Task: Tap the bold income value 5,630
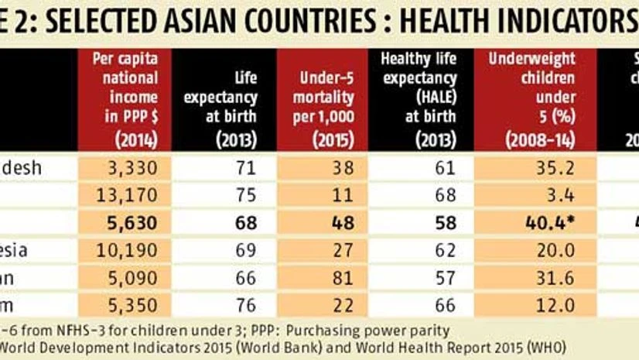click(133, 222)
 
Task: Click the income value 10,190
click(133, 250)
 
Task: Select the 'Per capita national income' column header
click(125, 99)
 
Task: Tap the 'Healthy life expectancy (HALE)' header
click(418, 99)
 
